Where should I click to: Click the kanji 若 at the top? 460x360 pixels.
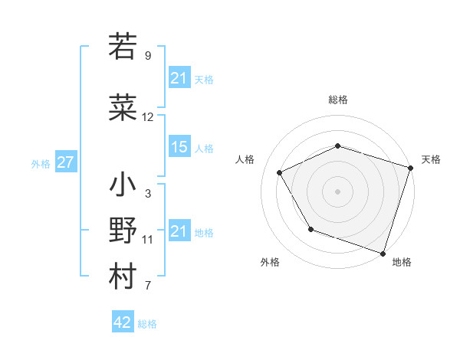pyautogui.click(x=123, y=47)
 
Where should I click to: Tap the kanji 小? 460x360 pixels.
pyautogui.click(x=123, y=186)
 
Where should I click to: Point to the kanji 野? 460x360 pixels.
pyautogui.click(x=123, y=231)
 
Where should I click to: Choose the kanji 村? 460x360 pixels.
pyautogui.click(x=123, y=277)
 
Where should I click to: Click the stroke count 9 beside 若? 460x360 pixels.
pyautogui.click(x=147, y=56)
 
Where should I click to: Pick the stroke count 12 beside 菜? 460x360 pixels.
pyautogui.click(x=148, y=117)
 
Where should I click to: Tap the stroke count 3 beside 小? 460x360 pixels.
pyautogui.click(x=147, y=194)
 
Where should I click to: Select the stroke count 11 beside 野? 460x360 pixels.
pyautogui.click(x=148, y=240)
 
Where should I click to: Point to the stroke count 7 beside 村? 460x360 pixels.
pyautogui.click(x=147, y=286)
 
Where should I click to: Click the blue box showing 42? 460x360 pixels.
pyautogui.click(x=123, y=322)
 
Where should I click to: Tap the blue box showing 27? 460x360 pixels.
pyautogui.click(x=65, y=162)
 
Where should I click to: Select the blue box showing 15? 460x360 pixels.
pyautogui.click(x=179, y=147)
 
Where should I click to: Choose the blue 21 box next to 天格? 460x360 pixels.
pyautogui.click(x=179, y=77)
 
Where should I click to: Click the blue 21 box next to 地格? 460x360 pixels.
pyautogui.click(x=179, y=231)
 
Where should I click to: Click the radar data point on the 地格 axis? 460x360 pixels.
pyautogui.click(x=383, y=253)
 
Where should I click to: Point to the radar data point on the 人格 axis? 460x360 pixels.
pyautogui.click(x=279, y=172)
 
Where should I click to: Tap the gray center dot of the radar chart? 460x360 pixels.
pyautogui.click(x=338, y=191)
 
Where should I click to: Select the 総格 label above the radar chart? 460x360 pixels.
pyautogui.click(x=338, y=100)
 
